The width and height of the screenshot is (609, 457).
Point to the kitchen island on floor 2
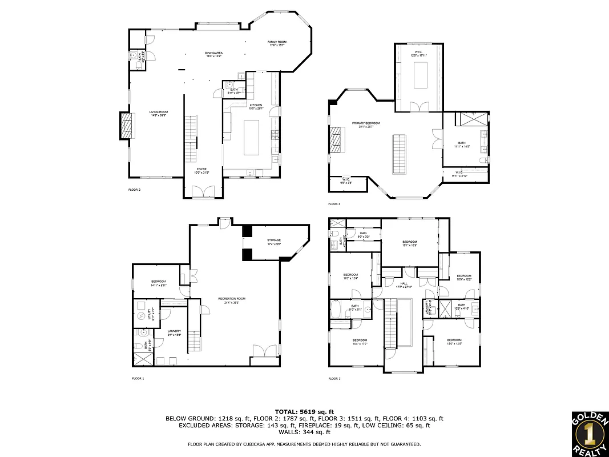(x=252, y=138)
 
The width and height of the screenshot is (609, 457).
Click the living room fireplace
(x=126, y=126)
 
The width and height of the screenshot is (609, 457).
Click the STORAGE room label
(x=274, y=242)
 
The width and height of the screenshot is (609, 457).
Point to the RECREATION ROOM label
(x=232, y=300)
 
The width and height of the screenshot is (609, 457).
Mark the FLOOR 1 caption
(x=138, y=379)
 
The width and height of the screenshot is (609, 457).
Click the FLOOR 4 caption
(x=334, y=204)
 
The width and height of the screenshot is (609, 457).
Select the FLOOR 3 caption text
(x=334, y=379)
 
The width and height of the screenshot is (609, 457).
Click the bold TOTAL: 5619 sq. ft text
(x=304, y=411)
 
